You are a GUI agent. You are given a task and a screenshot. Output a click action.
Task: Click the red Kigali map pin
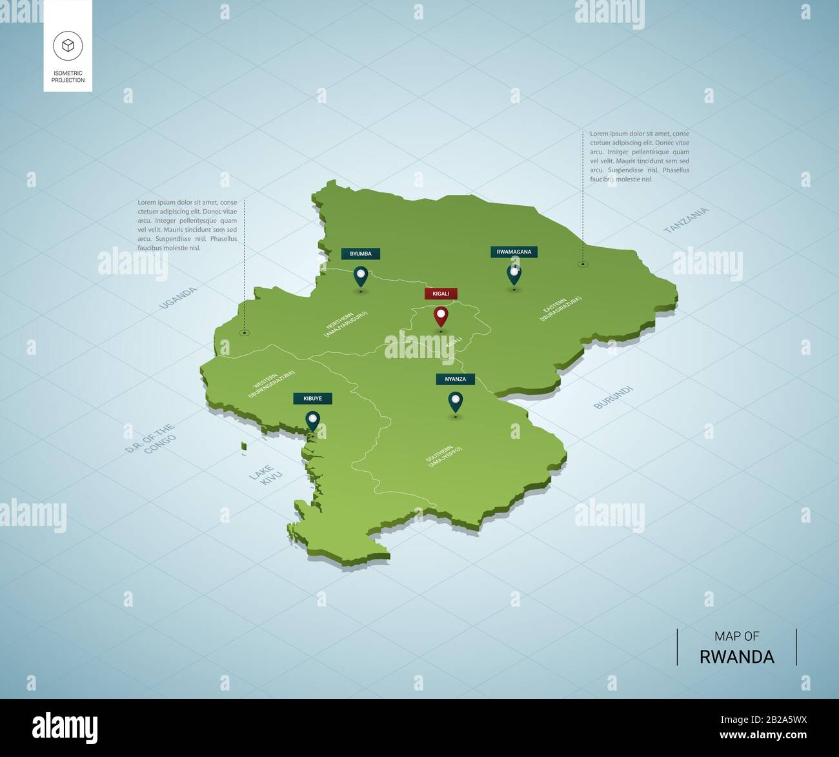click(441, 316)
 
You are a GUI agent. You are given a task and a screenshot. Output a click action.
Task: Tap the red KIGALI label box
click(441, 294)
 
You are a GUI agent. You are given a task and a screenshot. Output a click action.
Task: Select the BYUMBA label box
click(361, 254)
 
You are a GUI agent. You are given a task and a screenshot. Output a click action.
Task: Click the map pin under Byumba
click(361, 276)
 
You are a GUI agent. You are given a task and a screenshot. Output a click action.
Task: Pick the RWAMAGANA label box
click(514, 252)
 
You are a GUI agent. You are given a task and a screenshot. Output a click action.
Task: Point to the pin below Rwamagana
click(514, 274)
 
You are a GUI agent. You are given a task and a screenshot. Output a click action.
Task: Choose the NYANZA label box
click(455, 379)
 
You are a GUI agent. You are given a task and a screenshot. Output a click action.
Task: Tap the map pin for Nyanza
click(456, 402)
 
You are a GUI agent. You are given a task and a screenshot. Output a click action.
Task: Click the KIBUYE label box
click(312, 398)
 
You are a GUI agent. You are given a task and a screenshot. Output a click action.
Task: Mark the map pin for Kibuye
click(313, 421)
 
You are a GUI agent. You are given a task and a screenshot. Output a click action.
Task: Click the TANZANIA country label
click(686, 220)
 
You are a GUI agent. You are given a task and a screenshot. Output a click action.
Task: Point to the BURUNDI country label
click(614, 397)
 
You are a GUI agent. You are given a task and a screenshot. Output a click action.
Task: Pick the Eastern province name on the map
click(561, 309)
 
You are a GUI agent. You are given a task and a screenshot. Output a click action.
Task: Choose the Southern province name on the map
click(445, 455)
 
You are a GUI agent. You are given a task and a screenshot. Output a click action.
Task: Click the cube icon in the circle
click(68, 46)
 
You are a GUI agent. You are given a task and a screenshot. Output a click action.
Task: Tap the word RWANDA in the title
click(736, 656)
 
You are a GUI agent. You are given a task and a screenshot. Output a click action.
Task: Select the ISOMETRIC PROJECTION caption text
click(68, 77)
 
